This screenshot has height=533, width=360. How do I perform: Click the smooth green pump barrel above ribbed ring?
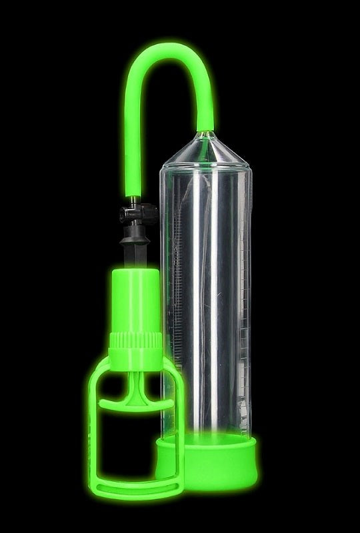[136, 299]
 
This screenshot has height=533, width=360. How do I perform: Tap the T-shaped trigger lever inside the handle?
[135, 400]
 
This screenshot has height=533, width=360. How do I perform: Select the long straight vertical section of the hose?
[129, 133]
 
